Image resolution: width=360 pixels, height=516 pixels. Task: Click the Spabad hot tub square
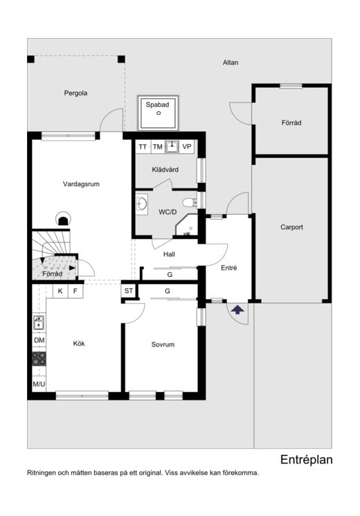tap(158, 113)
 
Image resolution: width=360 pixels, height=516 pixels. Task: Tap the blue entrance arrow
tap(237, 310)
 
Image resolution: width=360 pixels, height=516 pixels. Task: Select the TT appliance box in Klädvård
tap(143, 147)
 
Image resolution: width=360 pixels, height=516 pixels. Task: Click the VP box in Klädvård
tap(187, 147)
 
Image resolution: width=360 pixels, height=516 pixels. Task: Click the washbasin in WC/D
tap(142, 204)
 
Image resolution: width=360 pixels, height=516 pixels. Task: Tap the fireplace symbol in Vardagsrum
tap(62, 219)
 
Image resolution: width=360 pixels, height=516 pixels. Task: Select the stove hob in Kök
tap(39, 359)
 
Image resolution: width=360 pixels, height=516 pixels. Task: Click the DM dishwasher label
tap(39, 340)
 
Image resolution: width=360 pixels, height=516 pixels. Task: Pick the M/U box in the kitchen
tap(39, 384)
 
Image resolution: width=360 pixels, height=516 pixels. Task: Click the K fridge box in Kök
tap(60, 291)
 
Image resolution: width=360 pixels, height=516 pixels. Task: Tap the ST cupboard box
tap(129, 291)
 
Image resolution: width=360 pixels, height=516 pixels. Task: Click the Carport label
tap(291, 227)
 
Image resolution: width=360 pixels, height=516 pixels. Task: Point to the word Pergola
tap(75, 93)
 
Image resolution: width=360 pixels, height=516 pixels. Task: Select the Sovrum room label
tap(163, 344)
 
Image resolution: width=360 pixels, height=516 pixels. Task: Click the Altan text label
tap(231, 62)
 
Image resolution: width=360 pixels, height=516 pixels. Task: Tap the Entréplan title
tap(307, 460)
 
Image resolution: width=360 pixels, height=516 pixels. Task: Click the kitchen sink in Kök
tap(39, 323)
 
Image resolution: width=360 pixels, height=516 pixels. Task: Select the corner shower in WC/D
tap(187, 225)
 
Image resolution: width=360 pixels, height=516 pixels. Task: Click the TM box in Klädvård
tap(158, 147)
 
